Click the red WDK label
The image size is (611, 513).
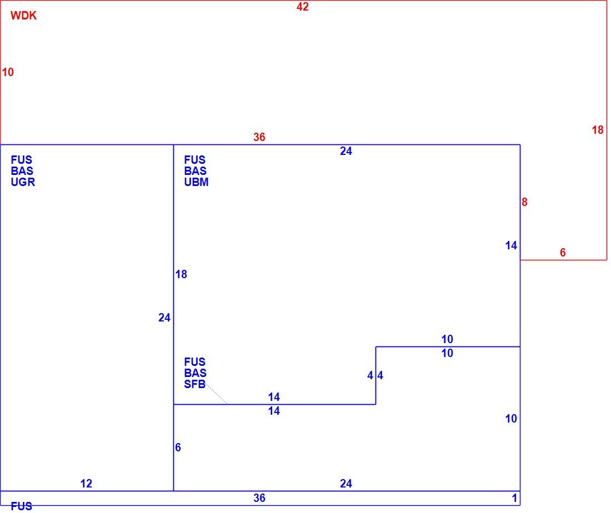click(x=23, y=16)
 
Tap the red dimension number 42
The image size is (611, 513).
click(x=302, y=7)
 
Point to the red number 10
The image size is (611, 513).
click(x=8, y=72)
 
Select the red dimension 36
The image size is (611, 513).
click(x=259, y=137)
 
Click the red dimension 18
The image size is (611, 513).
click(x=597, y=130)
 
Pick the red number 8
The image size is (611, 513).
click(x=524, y=202)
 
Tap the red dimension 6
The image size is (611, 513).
click(x=563, y=253)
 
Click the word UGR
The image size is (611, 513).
click(x=23, y=182)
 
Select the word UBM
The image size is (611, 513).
click(x=197, y=182)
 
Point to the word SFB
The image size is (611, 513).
click(x=195, y=384)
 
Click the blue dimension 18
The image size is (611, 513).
click(x=181, y=274)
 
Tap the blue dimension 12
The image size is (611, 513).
click(x=86, y=484)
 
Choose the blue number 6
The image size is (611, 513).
click(x=178, y=447)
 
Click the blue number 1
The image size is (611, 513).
click(x=514, y=498)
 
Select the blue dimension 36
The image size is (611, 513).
click(x=259, y=498)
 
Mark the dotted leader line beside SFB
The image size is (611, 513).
click(x=216, y=394)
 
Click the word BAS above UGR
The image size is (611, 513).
click(x=22, y=171)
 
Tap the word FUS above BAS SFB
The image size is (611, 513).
click(x=195, y=362)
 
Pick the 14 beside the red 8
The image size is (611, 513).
click(x=511, y=245)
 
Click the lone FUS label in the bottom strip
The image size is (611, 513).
click(x=22, y=506)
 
